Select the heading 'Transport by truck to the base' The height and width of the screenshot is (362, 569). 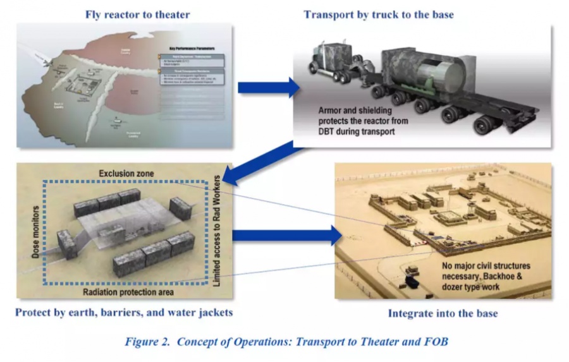point(379,15)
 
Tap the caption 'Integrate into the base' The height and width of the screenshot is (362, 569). point(442,313)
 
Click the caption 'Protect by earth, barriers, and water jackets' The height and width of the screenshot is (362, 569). point(124,313)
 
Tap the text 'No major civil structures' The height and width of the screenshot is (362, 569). point(486,265)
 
